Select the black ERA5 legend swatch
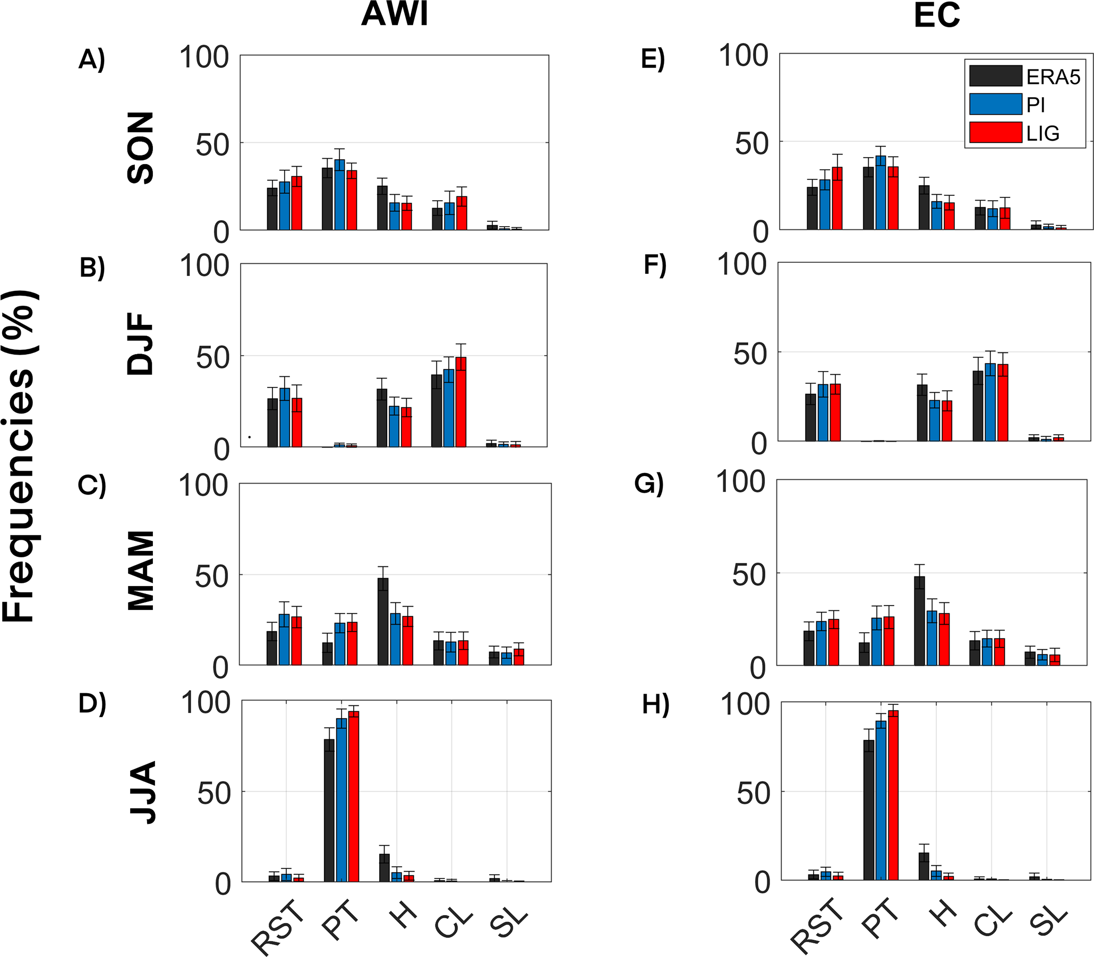click(995, 76)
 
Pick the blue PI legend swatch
click(995, 104)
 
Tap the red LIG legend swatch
click(995, 133)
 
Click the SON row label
click(141, 148)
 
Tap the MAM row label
click(141, 571)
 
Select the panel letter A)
click(92, 59)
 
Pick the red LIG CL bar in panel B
click(461, 402)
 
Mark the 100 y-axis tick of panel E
click(743, 56)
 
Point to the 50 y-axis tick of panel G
click(749, 575)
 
